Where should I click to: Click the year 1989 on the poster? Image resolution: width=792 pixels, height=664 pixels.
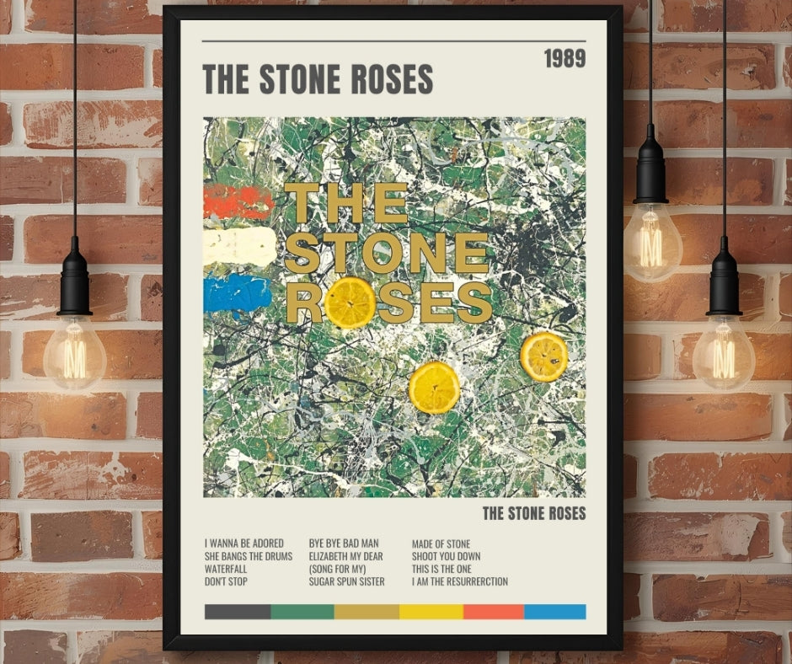(x=564, y=58)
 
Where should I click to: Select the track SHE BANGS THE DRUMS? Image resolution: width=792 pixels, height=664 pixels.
(x=249, y=556)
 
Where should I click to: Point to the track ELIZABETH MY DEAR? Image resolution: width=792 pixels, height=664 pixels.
(x=346, y=556)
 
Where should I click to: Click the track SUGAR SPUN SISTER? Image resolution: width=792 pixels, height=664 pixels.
(x=346, y=581)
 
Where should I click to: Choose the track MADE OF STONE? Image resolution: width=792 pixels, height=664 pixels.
(x=441, y=544)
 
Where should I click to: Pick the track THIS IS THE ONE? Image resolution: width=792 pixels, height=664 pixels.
(x=441, y=569)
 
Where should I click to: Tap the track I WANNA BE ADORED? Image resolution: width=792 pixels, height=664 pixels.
(x=244, y=544)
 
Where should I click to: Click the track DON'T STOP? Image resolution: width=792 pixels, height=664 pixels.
(x=226, y=581)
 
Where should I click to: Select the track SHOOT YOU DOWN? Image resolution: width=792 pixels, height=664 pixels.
(x=447, y=556)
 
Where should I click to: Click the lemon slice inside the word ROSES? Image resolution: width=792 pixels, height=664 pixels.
(x=350, y=302)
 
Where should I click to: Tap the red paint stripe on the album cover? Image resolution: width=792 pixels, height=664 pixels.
(x=237, y=202)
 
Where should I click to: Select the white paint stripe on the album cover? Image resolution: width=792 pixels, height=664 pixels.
(x=239, y=246)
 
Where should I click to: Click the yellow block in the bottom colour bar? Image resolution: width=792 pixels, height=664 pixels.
(x=431, y=612)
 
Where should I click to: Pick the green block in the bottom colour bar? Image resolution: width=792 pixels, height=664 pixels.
(x=302, y=612)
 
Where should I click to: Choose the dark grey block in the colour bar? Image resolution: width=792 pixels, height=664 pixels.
(x=238, y=612)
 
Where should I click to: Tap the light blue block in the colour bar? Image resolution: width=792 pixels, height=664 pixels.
(x=554, y=612)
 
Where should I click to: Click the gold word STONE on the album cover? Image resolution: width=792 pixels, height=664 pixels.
(x=386, y=252)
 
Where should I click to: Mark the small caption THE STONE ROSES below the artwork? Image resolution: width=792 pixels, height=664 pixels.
(x=533, y=512)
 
